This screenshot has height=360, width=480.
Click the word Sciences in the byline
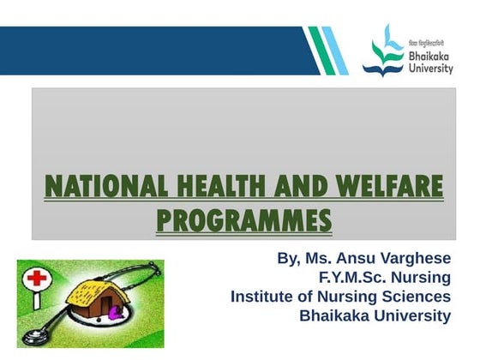[417, 297]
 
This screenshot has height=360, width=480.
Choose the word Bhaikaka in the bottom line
[333, 316]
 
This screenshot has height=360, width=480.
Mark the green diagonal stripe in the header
[317, 50]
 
